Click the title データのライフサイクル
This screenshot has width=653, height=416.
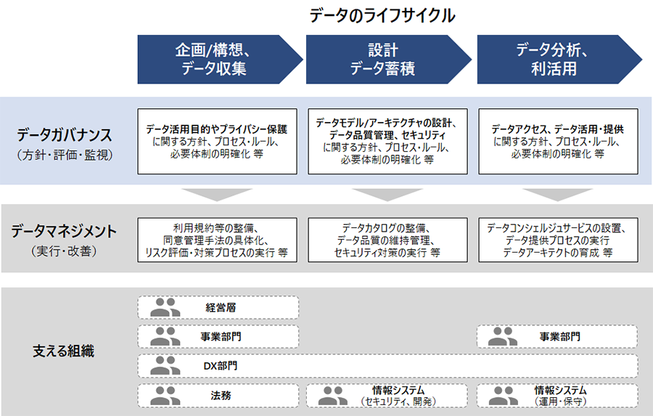tap(382, 16)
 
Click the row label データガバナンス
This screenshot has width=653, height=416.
tap(65, 135)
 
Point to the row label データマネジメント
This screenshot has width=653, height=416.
tap(64, 231)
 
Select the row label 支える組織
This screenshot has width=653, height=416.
tap(64, 351)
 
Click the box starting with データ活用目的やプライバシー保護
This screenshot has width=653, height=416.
tap(218, 142)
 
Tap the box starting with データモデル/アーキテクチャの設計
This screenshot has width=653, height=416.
tap(387, 142)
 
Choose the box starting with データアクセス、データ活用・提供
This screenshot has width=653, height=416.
tap(558, 142)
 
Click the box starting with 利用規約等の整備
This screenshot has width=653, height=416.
tap(218, 240)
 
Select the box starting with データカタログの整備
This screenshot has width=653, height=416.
tap(387, 240)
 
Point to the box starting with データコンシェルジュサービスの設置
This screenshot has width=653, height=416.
tap(558, 240)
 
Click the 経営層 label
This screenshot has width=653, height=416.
tap(221, 308)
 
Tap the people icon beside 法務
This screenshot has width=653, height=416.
tap(165, 396)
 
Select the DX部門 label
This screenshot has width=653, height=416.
tap(221, 366)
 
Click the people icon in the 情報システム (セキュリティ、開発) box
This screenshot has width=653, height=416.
tap(333, 396)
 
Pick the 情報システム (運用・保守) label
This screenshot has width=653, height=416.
tap(561, 396)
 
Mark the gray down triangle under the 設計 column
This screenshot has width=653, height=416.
tap(387, 195)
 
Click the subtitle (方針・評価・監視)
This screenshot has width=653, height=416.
tap(65, 155)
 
